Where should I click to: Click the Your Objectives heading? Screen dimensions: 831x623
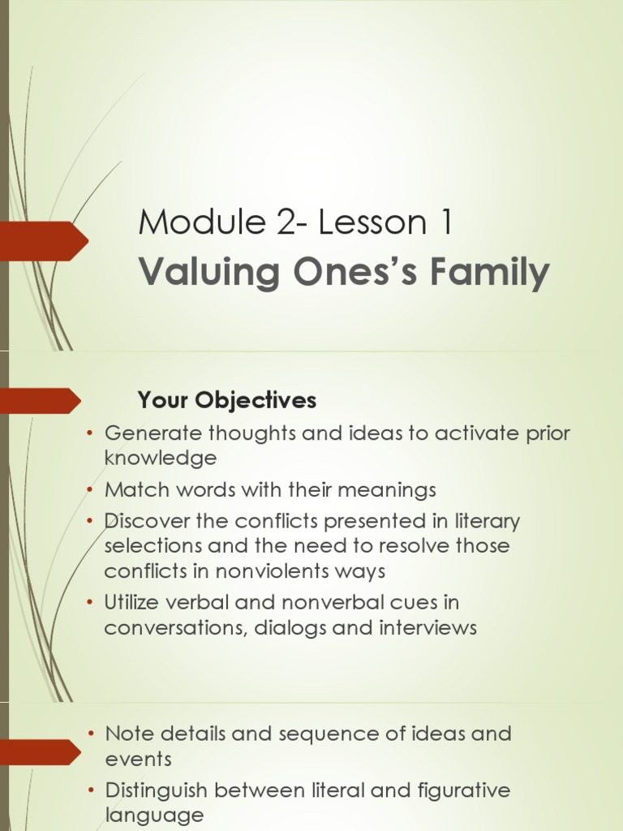tap(227, 400)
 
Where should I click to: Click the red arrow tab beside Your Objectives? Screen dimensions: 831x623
tap(41, 400)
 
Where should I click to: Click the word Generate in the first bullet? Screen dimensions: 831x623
tap(145, 434)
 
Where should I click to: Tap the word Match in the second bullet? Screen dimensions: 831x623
tap(131, 490)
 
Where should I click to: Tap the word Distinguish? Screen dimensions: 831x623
tap(158, 790)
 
